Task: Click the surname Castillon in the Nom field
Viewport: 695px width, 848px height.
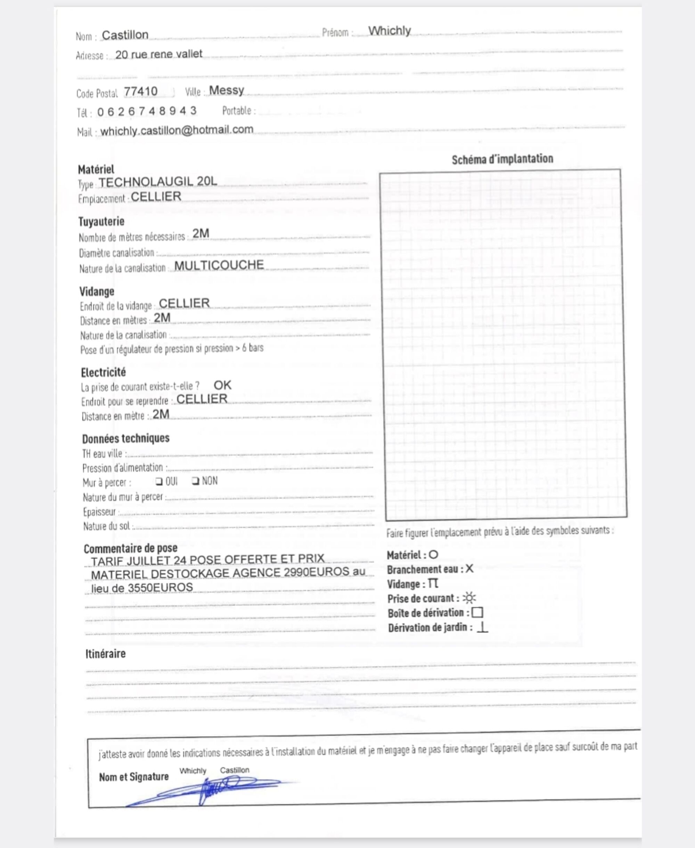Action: point(125,35)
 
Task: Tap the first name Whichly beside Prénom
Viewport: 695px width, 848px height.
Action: point(389,31)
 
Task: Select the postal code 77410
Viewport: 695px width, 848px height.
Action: point(140,92)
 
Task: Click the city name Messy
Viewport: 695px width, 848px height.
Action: point(226,90)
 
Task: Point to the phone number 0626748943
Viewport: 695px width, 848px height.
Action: point(147,111)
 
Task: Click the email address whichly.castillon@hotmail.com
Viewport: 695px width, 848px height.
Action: point(177,130)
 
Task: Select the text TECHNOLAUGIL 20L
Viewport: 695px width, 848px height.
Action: point(158,182)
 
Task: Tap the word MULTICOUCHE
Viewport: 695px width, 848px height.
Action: point(219,265)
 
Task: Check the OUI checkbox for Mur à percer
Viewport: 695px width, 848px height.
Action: point(159,481)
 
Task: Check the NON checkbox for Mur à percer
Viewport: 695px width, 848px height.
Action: point(195,481)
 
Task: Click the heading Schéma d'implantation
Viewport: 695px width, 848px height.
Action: point(502,159)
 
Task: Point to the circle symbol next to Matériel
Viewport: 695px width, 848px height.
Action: point(433,555)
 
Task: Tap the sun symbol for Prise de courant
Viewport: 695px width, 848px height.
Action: point(469,598)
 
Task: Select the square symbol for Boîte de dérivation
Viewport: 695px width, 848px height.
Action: point(477,613)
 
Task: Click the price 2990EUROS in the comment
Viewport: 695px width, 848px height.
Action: point(316,572)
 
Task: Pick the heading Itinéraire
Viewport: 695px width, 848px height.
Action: point(105,654)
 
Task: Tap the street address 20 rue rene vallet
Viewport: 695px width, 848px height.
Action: point(158,54)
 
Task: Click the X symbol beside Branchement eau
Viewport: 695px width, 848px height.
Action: point(469,569)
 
